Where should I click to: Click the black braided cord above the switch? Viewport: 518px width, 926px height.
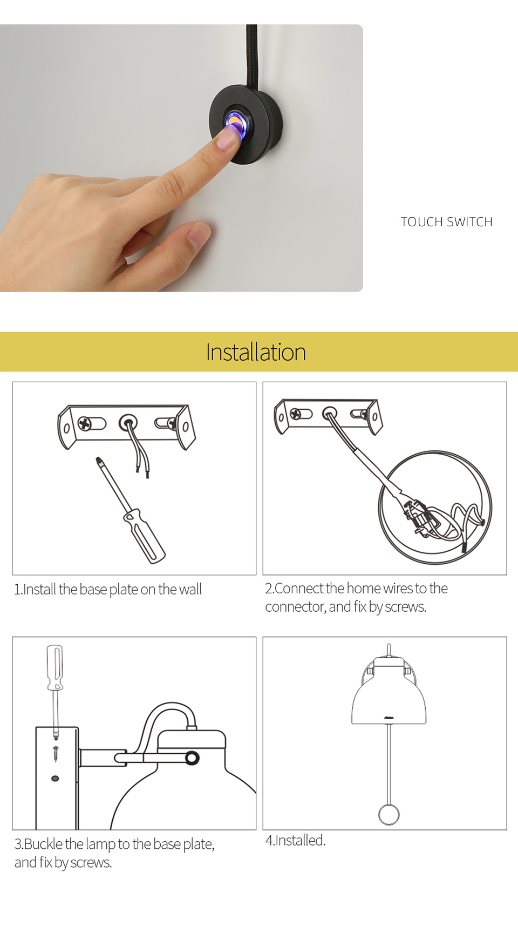[x=251, y=54]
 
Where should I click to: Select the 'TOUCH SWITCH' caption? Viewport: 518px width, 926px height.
[x=446, y=222]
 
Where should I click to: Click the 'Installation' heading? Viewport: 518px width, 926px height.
[x=256, y=352]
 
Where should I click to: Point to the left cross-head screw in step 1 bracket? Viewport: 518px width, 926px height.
[x=85, y=423]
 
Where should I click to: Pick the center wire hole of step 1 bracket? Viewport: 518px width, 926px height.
[x=128, y=422]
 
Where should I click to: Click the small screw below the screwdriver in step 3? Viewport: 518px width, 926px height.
[x=55, y=753]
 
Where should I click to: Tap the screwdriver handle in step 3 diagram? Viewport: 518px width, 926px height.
[x=54, y=667]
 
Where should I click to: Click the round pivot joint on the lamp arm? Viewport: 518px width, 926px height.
[x=192, y=758]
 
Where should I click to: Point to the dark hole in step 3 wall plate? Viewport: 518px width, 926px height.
[x=54, y=779]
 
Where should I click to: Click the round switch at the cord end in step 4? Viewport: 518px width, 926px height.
[x=388, y=814]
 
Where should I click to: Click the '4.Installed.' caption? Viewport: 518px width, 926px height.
[x=295, y=840]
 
